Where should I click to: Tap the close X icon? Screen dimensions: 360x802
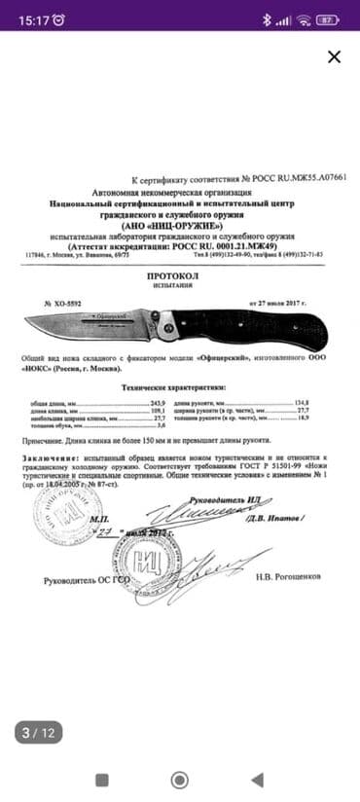tap(335, 56)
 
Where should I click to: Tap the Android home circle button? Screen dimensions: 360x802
tap(180, 780)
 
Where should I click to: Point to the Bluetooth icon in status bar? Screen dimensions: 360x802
tap(266, 19)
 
